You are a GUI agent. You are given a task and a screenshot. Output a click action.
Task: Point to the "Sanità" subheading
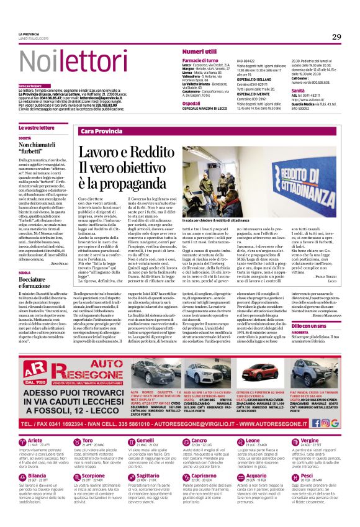click(x=298, y=90)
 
